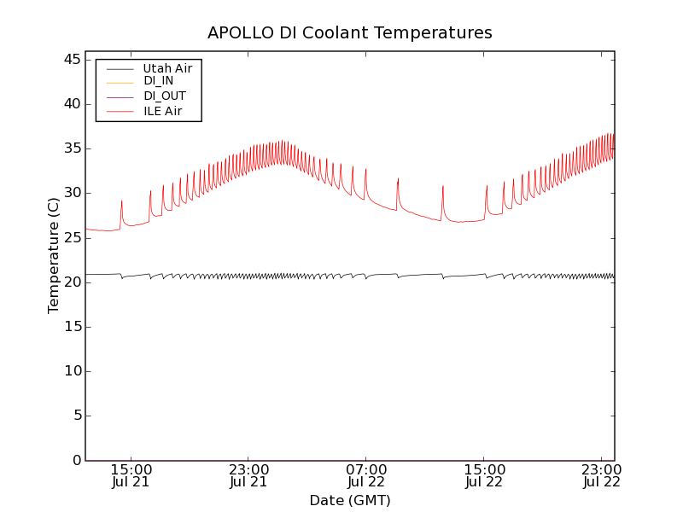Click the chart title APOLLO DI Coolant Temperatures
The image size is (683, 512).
(349, 33)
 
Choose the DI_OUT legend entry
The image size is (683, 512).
(164, 96)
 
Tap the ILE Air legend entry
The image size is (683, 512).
(162, 111)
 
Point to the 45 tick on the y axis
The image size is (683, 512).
(72, 60)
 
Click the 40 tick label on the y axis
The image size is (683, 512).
(72, 104)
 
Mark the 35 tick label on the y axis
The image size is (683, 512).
(72, 148)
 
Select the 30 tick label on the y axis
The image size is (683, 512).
(72, 193)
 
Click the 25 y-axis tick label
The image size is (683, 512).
(72, 237)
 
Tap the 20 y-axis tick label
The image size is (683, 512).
(72, 282)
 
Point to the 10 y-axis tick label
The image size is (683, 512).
(72, 371)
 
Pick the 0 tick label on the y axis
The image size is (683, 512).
(76, 460)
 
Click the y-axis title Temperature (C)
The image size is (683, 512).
(54, 255)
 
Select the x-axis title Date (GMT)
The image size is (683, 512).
(349, 501)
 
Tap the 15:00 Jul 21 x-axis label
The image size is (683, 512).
(131, 475)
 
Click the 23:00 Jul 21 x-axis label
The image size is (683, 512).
(248, 475)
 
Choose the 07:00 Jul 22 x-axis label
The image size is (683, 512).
(366, 475)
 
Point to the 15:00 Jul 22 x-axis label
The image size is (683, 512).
(484, 475)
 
